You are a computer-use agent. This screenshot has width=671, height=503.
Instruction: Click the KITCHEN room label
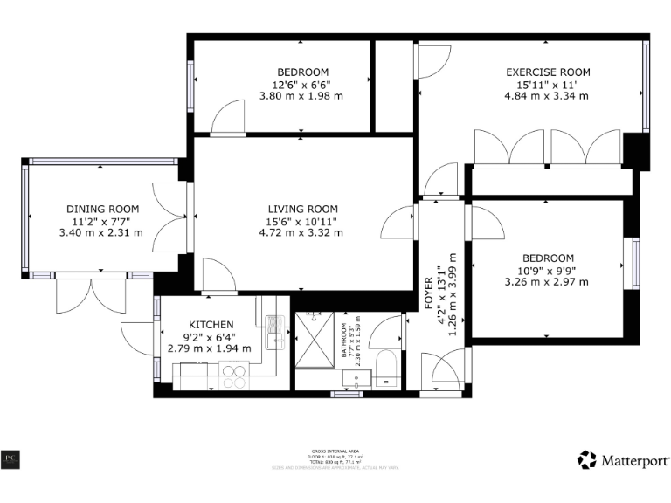click(x=209, y=323)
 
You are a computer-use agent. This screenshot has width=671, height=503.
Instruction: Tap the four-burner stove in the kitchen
click(x=233, y=376)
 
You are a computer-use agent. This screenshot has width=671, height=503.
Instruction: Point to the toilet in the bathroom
click(x=387, y=367)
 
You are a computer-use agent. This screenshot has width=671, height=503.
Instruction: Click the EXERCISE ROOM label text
click(x=548, y=72)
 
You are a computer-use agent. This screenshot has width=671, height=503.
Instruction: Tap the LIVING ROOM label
click(x=302, y=209)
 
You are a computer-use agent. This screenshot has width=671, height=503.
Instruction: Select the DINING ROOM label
click(x=103, y=209)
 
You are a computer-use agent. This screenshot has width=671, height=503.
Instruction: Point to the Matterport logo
click(x=623, y=459)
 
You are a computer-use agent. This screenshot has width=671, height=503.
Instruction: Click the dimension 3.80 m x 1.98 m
click(x=302, y=96)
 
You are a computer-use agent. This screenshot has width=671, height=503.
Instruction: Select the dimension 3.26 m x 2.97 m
click(x=547, y=282)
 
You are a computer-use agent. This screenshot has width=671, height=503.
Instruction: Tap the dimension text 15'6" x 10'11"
click(x=302, y=221)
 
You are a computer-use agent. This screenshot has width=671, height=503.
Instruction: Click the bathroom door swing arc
click(x=380, y=333)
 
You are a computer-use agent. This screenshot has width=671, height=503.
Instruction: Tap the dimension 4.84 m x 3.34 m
click(x=548, y=96)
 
